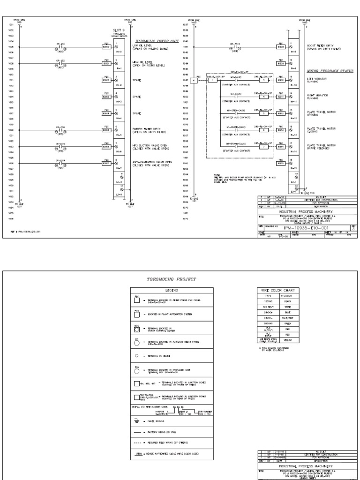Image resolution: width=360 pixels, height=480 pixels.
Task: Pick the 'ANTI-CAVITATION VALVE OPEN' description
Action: point(147,162)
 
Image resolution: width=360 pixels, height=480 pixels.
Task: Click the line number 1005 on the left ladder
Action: point(10,47)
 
